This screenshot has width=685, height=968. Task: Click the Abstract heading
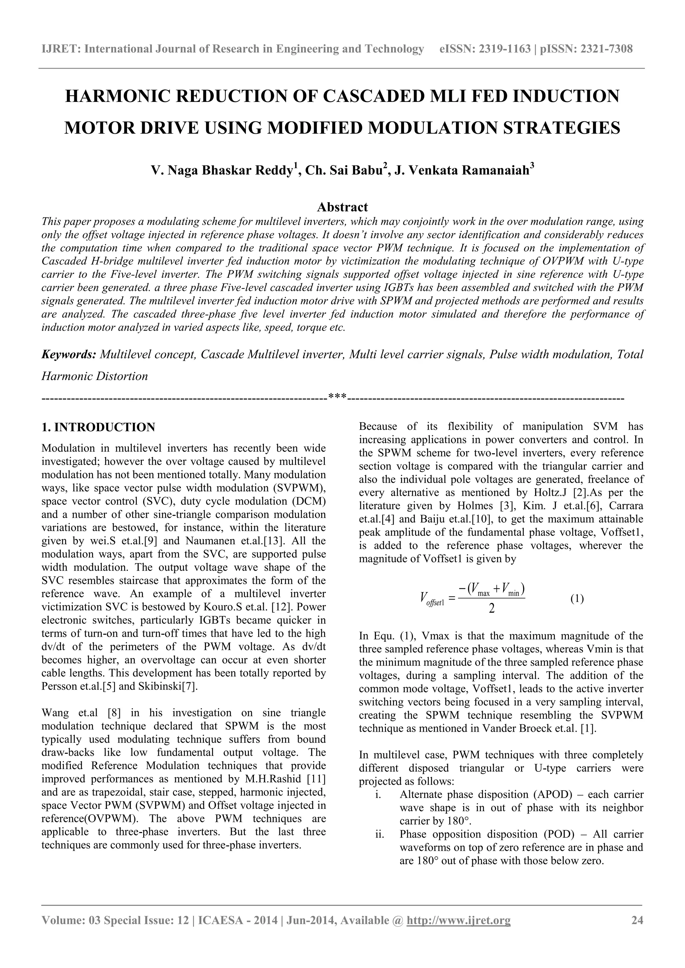tap(342, 207)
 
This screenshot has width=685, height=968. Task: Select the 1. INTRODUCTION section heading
tap(98, 427)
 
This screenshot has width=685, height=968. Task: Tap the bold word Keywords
tap(69, 355)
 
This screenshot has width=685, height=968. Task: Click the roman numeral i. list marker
tap(378, 795)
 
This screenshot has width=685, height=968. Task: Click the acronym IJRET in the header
tap(60, 49)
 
